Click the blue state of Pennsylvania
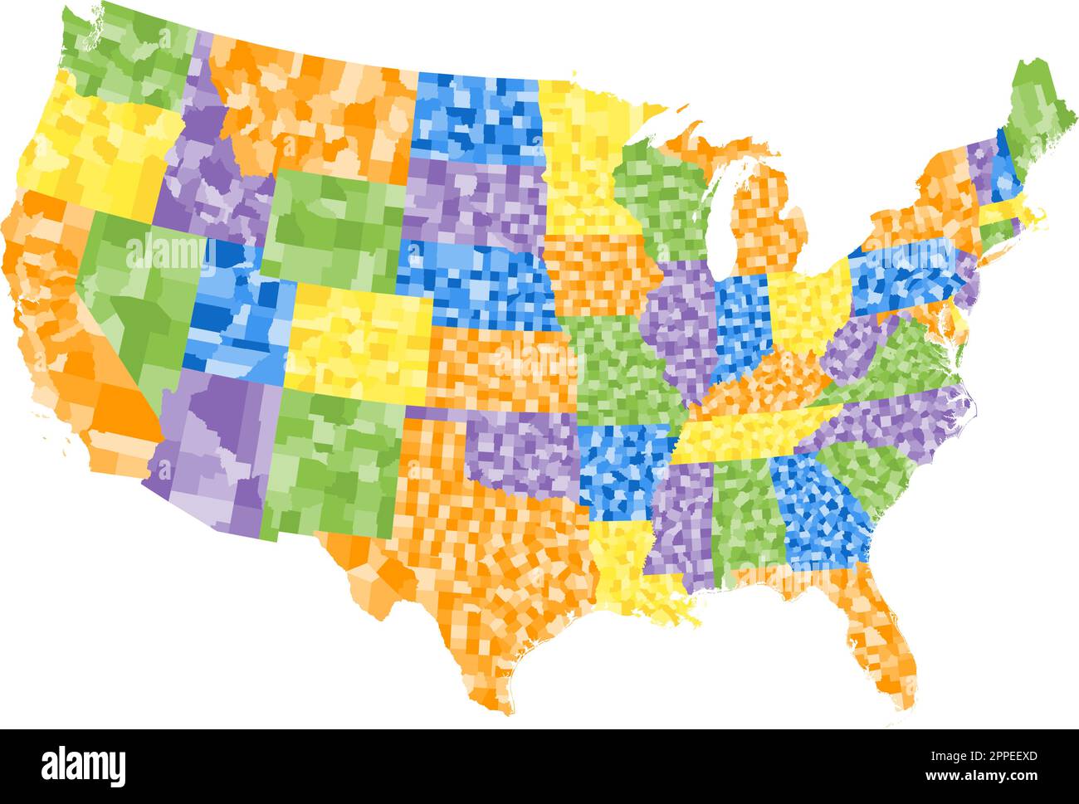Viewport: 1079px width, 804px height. click(905, 274)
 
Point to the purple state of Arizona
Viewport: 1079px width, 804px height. click(216, 448)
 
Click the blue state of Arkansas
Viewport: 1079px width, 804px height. click(622, 469)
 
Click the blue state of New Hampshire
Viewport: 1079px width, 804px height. click(1004, 170)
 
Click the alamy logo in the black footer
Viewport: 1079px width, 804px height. click(84, 764)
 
